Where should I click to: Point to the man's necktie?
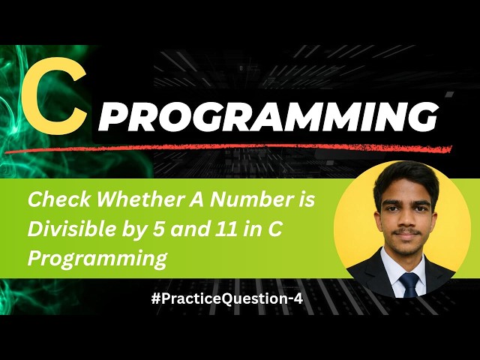click(x=408, y=284)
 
